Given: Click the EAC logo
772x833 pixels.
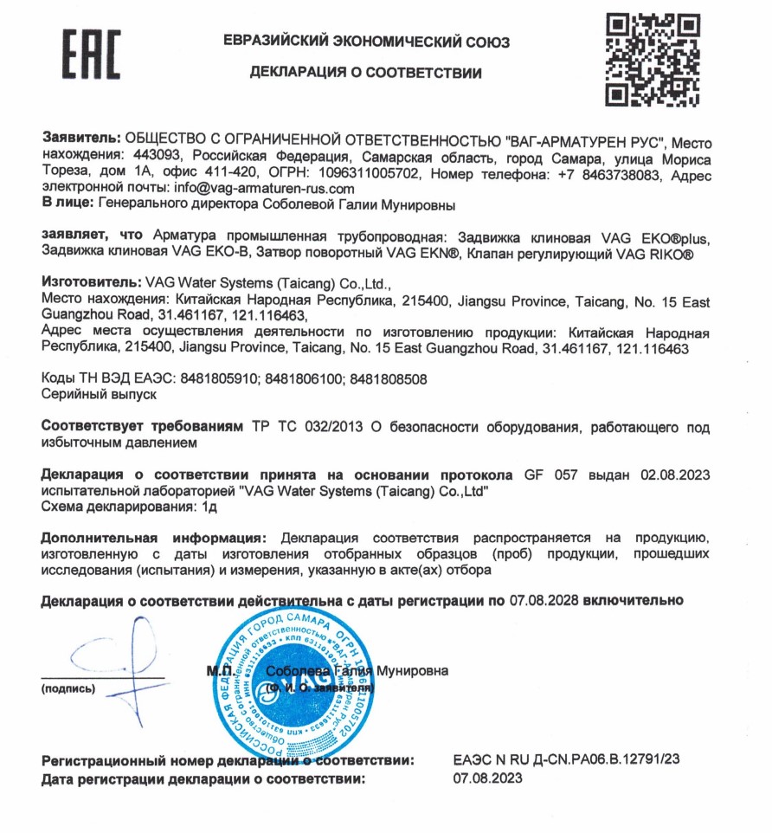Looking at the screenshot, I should (x=91, y=54).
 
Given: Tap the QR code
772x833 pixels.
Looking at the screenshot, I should (x=652, y=58).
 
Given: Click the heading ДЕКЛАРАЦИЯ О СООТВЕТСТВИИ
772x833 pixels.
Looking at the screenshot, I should (x=366, y=73).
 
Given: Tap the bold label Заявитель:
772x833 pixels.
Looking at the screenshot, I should (x=82, y=139).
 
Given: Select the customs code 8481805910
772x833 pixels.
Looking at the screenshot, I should (x=220, y=378).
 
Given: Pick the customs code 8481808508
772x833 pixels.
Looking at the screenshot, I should (x=388, y=378).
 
